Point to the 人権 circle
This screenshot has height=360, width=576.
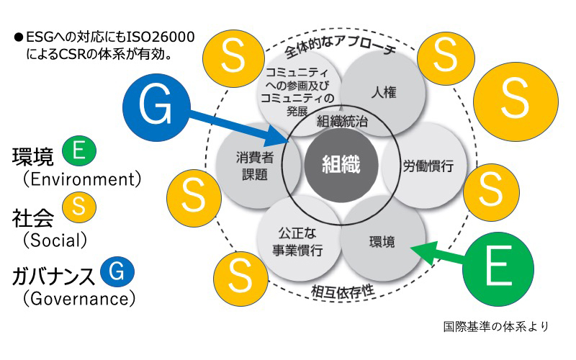[x=382, y=93]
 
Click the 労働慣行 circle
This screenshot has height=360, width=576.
[x=428, y=166]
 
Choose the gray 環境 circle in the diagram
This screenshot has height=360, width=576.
[x=382, y=240]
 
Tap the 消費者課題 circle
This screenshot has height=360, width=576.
[x=251, y=165]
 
